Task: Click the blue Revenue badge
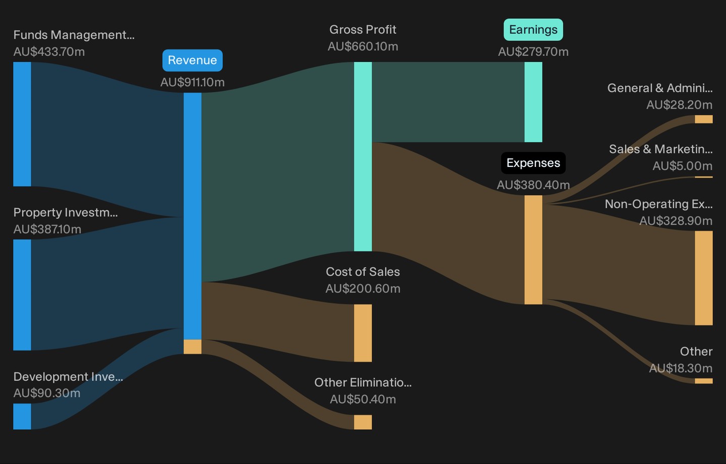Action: [x=193, y=61]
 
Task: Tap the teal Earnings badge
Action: [x=533, y=30]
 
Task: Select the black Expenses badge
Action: [x=533, y=163]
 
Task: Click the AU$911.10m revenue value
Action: [x=193, y=82]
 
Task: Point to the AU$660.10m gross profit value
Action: [x=362, y=46]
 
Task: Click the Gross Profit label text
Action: [x=362, y=30]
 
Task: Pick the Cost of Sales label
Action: [x=362, y=272]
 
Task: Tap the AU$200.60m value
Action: [x=362, y=288]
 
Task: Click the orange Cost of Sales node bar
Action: [x=362, y=333]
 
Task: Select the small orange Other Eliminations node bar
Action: [x=362, y=422]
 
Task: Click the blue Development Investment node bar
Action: [x=22, y=416]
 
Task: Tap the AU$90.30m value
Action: [x=47, y=393]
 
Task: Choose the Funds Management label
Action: [x=74, y=35]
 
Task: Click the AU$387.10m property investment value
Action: [x=47, y=229]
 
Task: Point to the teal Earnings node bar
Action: [x=533, y=102]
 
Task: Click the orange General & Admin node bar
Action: [x=704, y=119]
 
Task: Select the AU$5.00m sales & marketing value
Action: [x=682, y=166]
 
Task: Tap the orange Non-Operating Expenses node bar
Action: [x=704, y=278]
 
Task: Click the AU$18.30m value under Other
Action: [x=681, y=368]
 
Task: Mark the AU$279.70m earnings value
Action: [x=533, y=52]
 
